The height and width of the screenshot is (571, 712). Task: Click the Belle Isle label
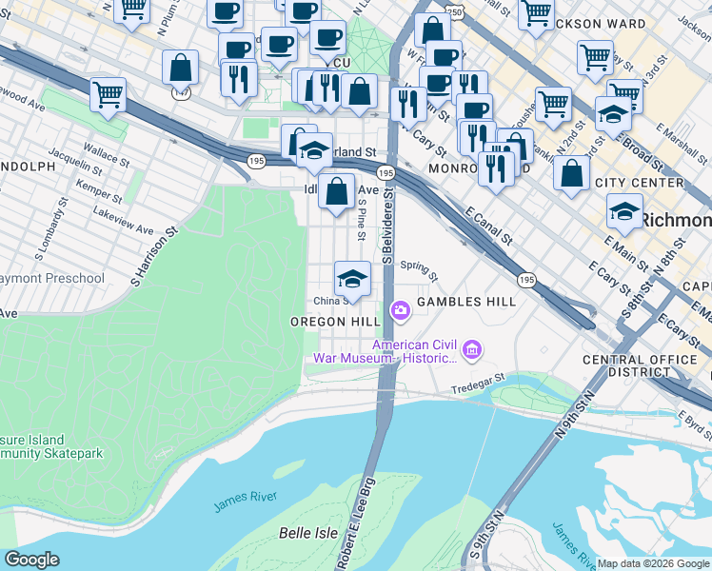click(307, 533)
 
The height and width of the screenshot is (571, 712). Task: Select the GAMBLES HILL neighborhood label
click(466, 302)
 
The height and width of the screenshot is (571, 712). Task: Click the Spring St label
click(419, 271)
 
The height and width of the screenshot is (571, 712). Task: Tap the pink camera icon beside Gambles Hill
click(400, 309)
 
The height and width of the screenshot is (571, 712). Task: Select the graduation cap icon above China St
click(352, 280)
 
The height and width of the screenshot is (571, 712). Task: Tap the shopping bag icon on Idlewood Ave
click(337, 191)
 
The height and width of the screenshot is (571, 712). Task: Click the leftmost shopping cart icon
click(109, 94)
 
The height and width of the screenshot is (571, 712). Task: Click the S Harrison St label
click(155, 256)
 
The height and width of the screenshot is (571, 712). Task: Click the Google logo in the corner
click(31, 559)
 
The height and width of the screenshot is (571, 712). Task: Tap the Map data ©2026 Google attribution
click(653, 563)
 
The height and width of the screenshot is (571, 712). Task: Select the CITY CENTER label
click(639, 183)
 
